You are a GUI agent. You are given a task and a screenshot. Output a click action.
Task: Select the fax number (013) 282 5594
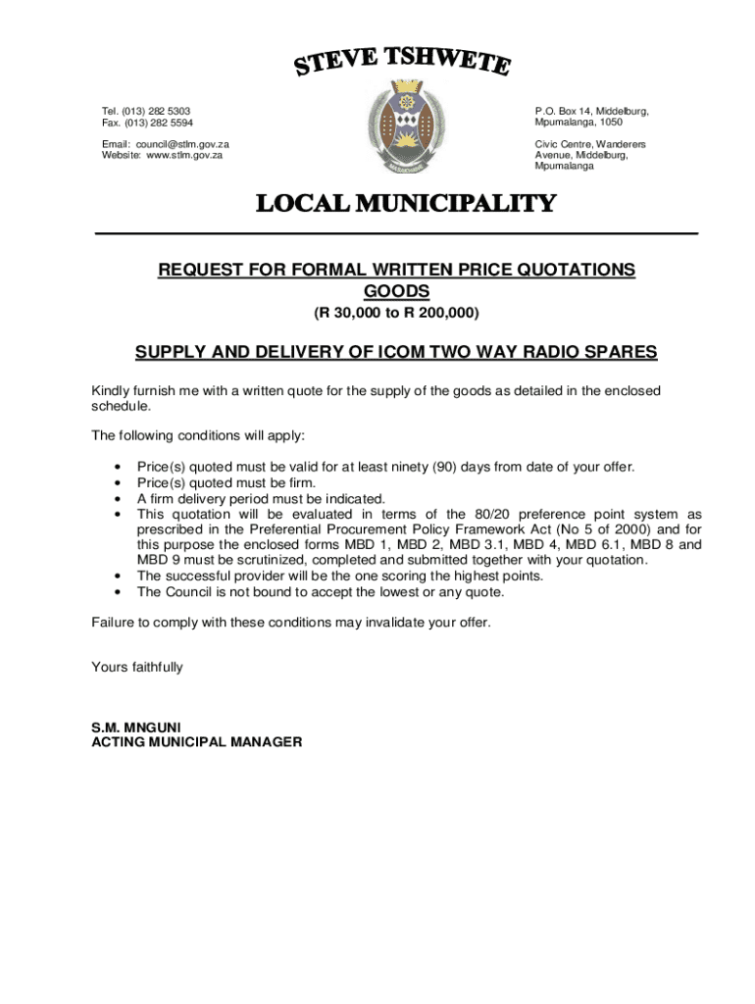coord(157,123)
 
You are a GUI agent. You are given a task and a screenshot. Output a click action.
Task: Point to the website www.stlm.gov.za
coord(184,155)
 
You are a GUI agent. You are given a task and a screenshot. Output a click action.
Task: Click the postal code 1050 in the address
coord(610,123)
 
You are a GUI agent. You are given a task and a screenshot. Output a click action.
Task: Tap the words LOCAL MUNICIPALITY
coord(405,204)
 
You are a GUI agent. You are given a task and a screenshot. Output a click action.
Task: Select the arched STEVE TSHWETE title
coord(403,63)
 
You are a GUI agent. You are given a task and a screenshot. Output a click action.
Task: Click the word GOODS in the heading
coord(396,292)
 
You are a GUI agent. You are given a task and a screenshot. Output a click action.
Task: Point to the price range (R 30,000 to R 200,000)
coord(396,314)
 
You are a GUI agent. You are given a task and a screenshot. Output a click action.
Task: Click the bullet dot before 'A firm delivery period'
coord(118,498)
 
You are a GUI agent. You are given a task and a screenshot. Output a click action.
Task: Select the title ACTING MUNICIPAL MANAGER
coord(196,742)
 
